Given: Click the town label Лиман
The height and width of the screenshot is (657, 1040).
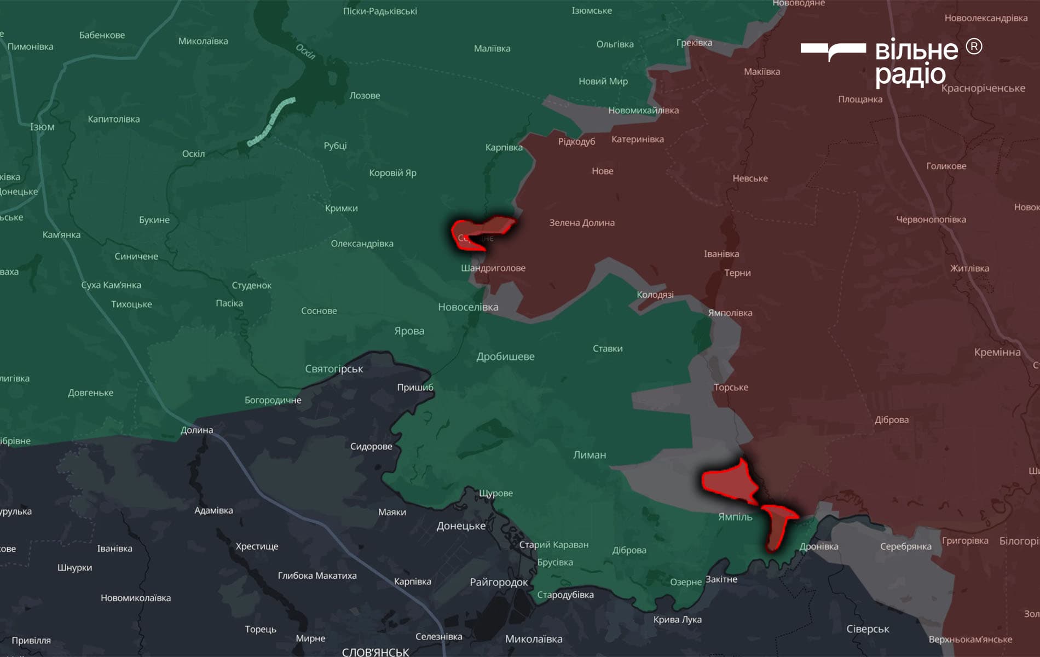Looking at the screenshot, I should (x=590, y=455).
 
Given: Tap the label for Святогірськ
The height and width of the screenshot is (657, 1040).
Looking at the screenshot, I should (x=334, y=369).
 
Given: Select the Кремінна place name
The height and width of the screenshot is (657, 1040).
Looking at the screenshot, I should (x=997, y=352).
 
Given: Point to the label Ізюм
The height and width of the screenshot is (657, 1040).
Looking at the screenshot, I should (x=42, y=127).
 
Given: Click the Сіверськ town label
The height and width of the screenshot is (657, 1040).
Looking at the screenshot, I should (x=868, y=629).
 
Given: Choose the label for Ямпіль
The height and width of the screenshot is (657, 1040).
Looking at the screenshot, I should (x=735, y=517).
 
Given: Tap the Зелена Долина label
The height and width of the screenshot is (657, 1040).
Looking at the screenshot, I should (x=582, y=223).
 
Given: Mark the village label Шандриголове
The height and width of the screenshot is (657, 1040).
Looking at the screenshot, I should (x=493, y=268).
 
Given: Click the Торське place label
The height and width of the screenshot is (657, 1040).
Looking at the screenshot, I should (x=731, y=388).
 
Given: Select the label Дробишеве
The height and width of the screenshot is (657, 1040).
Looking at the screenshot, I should (x=505, y=357).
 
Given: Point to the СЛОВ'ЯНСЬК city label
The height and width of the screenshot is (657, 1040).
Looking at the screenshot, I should (x=375, y=652).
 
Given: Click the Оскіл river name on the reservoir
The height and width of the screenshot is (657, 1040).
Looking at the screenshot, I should (x=305, y=51).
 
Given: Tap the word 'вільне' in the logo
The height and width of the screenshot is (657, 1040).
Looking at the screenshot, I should (x=917, y=51).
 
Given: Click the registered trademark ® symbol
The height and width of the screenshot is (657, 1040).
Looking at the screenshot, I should (x=974, y=47).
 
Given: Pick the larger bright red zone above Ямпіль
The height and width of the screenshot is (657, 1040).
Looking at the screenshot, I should (x=730, y=481).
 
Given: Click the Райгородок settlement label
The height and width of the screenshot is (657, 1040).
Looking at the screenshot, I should (x=499, y=583).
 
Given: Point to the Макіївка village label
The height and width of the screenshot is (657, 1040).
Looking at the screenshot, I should (x=762, y=72).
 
